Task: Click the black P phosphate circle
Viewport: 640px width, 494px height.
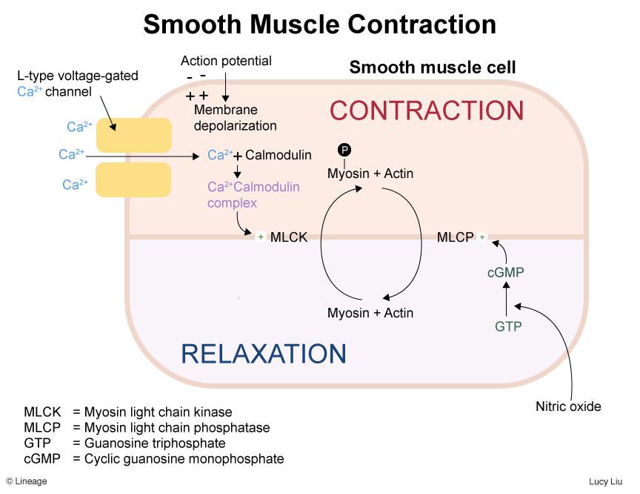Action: tap(344, 151)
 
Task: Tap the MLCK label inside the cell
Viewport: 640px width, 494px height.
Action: tap(289, 237)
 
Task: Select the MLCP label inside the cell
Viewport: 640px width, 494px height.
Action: tap(455, 237)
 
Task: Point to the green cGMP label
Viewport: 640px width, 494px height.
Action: tap(506, 273)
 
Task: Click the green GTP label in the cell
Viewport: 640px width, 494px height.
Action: tap(508, 326)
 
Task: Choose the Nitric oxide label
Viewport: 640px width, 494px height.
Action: tap(568, 406)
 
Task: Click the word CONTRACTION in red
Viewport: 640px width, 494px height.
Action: tap(427, 111)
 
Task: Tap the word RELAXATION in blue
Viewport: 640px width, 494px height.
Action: tap(264, 354)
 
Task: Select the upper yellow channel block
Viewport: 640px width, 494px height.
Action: tap(134, 135)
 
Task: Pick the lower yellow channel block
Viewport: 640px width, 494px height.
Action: tap(134, 180)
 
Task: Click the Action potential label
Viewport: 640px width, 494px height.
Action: tap(226, 61)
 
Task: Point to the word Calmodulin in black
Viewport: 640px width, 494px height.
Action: tap(278, 155)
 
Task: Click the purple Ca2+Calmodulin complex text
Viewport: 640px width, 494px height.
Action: tap(253, 194)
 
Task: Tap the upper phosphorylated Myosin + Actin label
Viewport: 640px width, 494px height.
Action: tap(370, 174)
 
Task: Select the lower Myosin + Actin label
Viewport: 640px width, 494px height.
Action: tap(370, 313)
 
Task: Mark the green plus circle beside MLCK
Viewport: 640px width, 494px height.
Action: tap(261, 237)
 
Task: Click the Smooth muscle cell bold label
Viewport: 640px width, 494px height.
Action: tap(433, 68)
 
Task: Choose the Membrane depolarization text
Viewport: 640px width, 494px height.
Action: tap(235, 117)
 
